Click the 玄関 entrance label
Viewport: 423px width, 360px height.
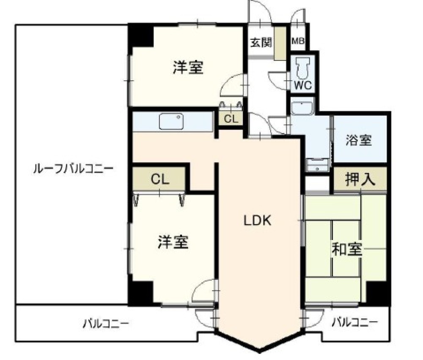261,43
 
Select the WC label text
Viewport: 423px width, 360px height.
303,85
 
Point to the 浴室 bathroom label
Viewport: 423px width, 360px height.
359,140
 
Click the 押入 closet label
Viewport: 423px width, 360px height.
360,180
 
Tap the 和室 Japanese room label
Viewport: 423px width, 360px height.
346,250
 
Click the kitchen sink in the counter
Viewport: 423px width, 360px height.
171,122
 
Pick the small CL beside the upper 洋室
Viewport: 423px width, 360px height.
231,119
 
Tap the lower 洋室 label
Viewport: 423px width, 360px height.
173,242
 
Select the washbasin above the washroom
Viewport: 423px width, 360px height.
301,108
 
